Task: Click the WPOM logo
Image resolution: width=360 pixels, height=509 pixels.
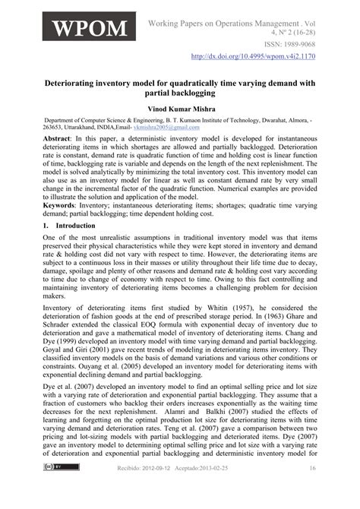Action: (88, 30)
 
